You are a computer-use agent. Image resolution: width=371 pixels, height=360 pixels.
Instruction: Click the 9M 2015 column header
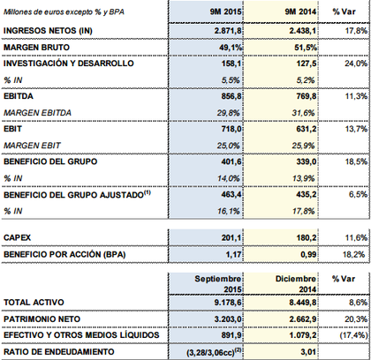tap(225, 11)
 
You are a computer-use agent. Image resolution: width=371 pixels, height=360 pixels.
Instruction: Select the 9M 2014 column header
tap(300, 11)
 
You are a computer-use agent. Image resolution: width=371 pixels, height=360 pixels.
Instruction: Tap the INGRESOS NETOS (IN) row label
tap(48, 31)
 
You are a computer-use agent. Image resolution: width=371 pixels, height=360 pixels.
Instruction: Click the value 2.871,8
tap(228, 31)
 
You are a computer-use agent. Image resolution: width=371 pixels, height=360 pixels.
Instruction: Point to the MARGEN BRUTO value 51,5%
tap(306, 48)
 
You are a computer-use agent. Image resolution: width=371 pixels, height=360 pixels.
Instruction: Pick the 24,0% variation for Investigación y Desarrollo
tap(356, 64)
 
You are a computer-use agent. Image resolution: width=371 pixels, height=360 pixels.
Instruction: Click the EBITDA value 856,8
tap(231, 96)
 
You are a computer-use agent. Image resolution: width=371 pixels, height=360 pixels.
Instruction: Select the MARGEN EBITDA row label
tap(37, 113)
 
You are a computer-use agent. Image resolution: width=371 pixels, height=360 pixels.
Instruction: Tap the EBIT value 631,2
tap(307, 129)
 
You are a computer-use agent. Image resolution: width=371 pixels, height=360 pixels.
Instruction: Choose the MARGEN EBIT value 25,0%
tap(229, 146)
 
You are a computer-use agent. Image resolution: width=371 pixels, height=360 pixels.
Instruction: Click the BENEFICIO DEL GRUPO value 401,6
tap(231, 161)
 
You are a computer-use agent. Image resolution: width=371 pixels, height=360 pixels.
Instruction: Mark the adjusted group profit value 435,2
tap(307, 195)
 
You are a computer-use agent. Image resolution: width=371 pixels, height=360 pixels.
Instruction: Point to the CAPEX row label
tap(17, 237)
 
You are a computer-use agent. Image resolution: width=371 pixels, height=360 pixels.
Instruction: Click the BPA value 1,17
tap(233, 254)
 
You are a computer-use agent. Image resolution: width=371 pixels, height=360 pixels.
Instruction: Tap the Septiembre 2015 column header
tap(218, 284)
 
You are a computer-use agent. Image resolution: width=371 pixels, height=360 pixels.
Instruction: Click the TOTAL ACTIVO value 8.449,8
tap(303, 303)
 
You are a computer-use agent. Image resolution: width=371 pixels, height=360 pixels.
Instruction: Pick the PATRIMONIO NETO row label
tap(42, 319)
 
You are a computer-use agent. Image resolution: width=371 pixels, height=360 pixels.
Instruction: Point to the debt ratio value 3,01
tap(308, 352)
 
